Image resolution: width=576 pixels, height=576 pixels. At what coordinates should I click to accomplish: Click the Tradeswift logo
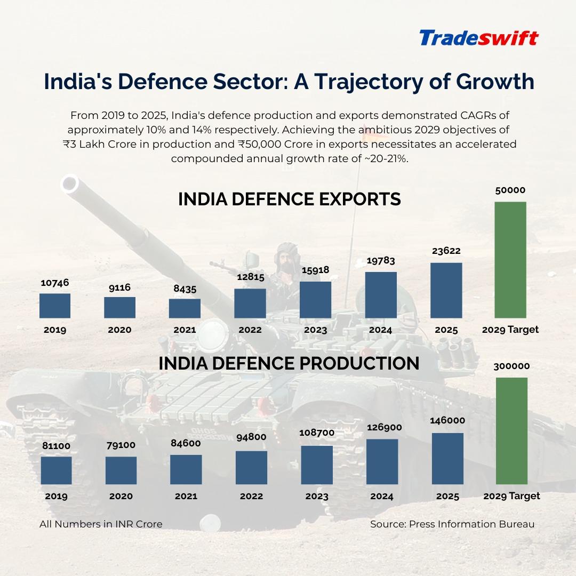(x=478, y=38)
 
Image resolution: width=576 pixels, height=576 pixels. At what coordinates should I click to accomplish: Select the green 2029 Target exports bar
(x=510, y=260)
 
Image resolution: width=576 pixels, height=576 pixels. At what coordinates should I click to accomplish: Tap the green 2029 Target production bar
(x=511, y=431)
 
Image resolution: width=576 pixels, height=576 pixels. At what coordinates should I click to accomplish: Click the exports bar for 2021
(x=185, y=308)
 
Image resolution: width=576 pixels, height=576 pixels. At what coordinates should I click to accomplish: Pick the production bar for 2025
(x=447, y=459)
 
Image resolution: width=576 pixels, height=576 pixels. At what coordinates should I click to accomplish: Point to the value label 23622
(x=446, y=251)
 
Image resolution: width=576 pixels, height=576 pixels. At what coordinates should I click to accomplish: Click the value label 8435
(x=185, y=289)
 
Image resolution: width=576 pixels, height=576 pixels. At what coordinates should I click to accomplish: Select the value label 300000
(x=511, y=366)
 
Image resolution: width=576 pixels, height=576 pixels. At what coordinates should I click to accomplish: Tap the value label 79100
(x=121, y=445)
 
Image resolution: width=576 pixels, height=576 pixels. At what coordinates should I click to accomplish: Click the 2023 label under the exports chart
(x=315, y=330)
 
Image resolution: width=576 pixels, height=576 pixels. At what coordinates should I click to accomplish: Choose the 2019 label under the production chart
(x=56, y=496)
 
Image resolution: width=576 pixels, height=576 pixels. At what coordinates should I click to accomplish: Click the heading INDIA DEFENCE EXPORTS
(x=289, y=199)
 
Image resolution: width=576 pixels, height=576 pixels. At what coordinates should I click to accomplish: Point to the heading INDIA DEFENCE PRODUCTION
(x=289, y=363)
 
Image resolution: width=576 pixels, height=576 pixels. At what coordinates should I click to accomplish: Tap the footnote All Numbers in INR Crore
(x=101, y=524)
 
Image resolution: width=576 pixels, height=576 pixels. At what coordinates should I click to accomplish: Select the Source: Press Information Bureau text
(x=452, y=524)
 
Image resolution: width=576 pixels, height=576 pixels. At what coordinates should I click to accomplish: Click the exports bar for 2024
(x=381, y=295)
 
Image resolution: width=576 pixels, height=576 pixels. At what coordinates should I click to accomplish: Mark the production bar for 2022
(x=251, y=468)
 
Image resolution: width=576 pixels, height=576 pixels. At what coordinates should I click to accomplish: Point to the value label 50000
(x=510, y=190)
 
